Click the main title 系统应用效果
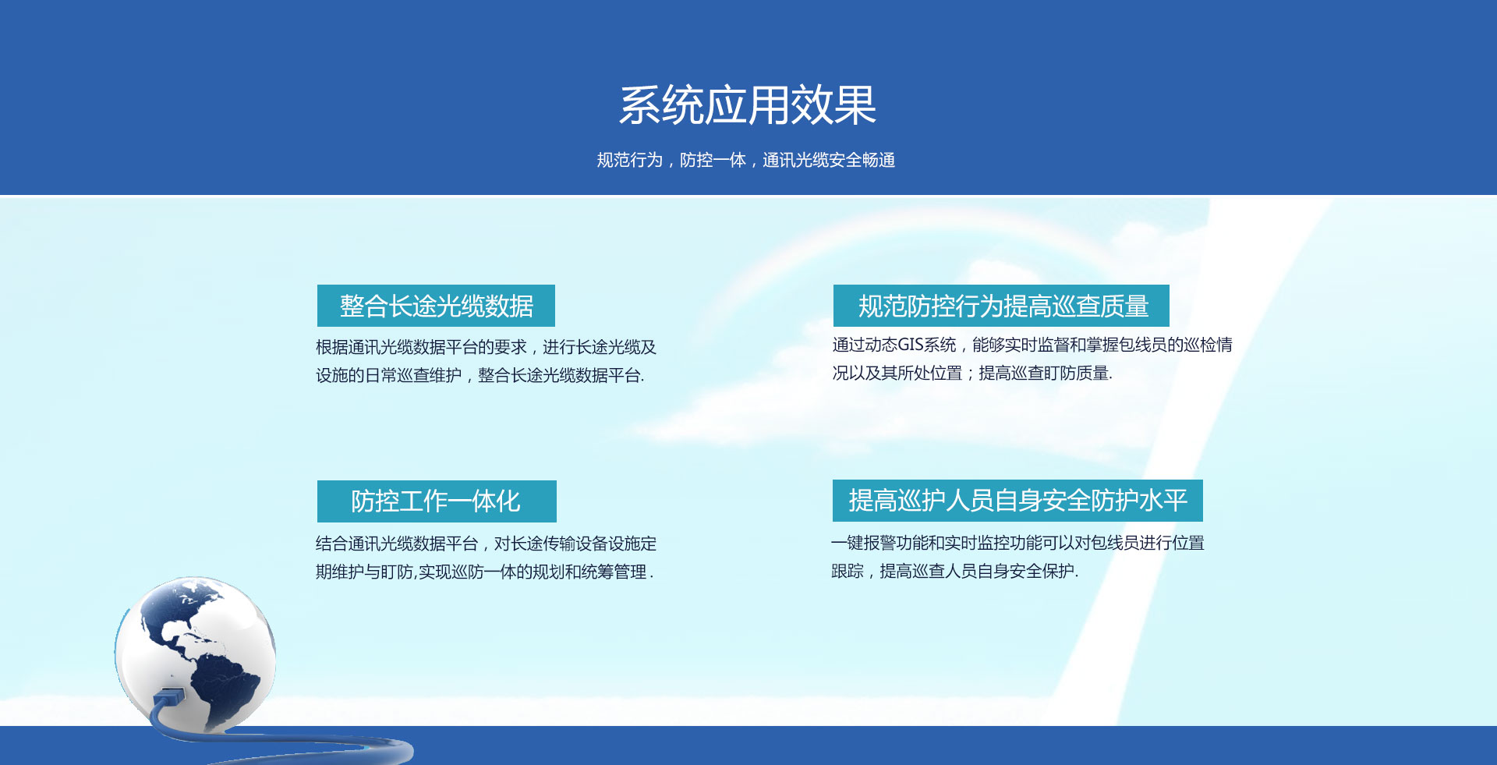748,105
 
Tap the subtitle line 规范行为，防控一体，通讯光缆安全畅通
746,160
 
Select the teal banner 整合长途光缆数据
436,306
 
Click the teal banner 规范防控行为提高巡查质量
1001,306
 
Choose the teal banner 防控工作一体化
437,501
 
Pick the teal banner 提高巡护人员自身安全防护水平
1017,501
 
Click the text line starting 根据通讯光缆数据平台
486,347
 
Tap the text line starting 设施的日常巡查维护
480,375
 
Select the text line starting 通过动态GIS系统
1032,345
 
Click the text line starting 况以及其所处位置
972,373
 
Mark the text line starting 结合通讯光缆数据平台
486,544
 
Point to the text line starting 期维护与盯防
484,572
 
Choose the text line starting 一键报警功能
1017,543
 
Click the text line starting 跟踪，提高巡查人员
955,571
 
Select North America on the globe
175,616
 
